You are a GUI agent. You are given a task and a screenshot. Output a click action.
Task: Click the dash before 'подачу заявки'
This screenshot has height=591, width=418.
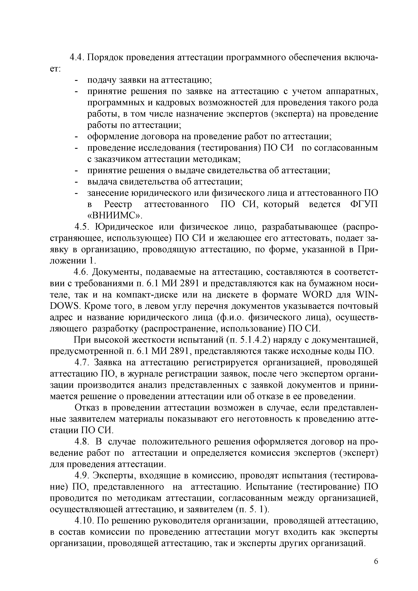click(x=76, y=80)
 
